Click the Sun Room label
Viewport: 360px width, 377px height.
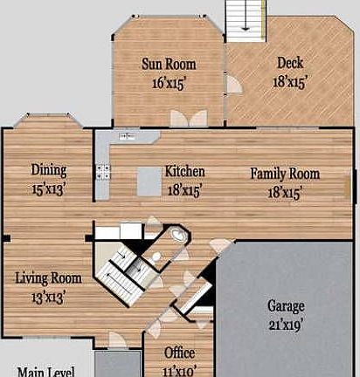click(x=169, y=64)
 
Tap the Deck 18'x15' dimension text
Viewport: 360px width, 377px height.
click(x=290, y=82)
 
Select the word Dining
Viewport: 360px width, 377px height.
click(x=49, y=171)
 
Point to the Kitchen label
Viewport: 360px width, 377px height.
click(x=185, y=171)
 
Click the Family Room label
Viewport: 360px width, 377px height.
click(x=285, y=174)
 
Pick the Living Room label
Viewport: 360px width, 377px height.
click(x=48, y=278)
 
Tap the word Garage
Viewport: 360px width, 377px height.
click(x=286, y=306)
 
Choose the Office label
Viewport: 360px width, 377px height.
click(x=179, y=353)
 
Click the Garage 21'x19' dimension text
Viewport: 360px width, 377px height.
click(x=284, y=325)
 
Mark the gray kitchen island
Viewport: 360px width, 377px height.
click(x=149, y=182)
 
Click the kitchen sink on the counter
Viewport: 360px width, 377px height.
click(x=127, y=135)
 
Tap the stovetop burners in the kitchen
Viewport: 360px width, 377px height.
click(x=103, y=172)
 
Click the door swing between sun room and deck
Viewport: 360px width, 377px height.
click(x=234, y=84)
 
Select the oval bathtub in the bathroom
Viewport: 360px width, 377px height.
click(x=179, y=235)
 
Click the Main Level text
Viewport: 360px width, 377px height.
click(x=45, y=372)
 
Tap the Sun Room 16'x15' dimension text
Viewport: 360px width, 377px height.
click(x=169, y=84)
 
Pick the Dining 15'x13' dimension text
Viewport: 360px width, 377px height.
click(x=48, y=189)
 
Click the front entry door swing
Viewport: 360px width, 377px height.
click(x=118, y=339)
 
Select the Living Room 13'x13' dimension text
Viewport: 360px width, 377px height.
click(x=48, y=298)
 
